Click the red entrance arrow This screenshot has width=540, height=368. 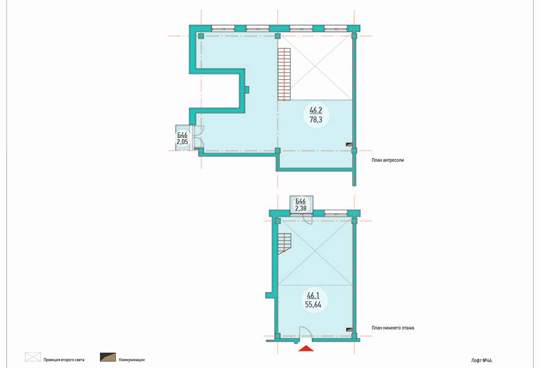click(x=306, y=349)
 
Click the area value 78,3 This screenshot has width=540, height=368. click(x=315, y=120)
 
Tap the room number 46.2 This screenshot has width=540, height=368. click(x=315, y=110)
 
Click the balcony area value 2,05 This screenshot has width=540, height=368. click(x=182, y=142)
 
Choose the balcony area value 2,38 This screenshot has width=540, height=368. click(x=301, y=208)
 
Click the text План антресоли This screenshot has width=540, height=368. click(x=387, y=160)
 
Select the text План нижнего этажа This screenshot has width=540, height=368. click(x=393, y=328)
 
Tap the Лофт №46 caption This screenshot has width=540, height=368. click(x=482, y=361)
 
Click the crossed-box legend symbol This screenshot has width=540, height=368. click(x=33, y=358)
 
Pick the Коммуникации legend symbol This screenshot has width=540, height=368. click(x=108, y=358)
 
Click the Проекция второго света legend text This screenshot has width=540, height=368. click(x=64, y=360)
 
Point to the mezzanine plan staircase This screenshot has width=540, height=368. click(x=284, y=74)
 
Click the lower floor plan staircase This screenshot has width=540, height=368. click(x=284, y=243)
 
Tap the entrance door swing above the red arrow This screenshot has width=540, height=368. click(x=306, y=333)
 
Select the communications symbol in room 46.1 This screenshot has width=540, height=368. click(x=349, y=329)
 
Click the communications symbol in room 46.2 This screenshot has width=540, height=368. click(x=349, y=145)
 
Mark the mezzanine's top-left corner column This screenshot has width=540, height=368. click(x=201, y=36)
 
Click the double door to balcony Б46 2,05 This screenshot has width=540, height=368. click(x=198, y=137)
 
